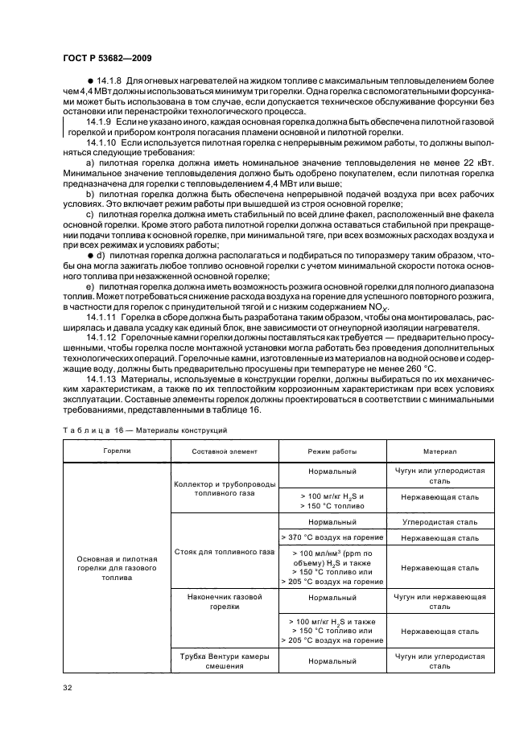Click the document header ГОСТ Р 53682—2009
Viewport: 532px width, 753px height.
click(x=106, y=59)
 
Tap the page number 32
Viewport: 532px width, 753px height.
click(x=67, y=686)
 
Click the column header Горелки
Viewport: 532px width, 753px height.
click(x=116, y=451)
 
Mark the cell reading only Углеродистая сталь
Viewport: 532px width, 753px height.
click(x=440, y=522)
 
